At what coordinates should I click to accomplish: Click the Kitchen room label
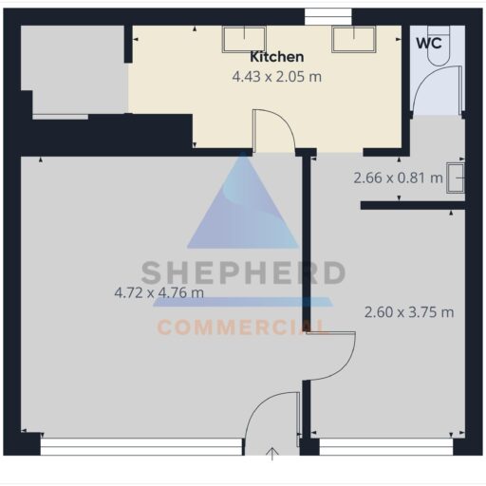[x=277, y=57]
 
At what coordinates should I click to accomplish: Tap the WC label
[x=429, y=44]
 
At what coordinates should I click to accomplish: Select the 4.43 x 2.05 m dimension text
[x=277, y=77]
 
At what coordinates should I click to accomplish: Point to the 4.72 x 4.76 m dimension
[x=159, y=292]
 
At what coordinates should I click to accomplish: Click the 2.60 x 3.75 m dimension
[x=409, y=312]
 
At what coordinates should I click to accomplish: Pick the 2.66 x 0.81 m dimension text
[x=398, y=178]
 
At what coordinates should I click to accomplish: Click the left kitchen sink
[x=244, y=39]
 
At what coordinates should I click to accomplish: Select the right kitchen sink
[x=354, y=39]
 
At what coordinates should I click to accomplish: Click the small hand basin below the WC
[x=456, y=178]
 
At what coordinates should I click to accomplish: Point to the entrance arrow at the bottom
[x=271, y=454]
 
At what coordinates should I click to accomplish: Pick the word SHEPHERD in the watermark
[x=243, y=272]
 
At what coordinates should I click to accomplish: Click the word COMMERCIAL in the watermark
[x=241, y=327]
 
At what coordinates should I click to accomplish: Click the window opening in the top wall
[x=328, y=17]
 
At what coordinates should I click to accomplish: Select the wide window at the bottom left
[x=141, y=446]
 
